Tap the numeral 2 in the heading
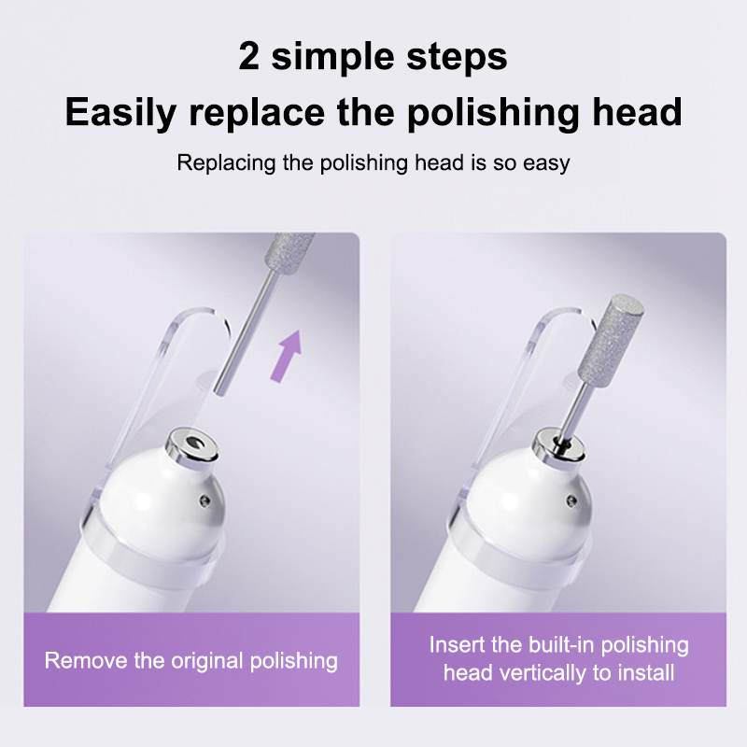click(x=249, y=57)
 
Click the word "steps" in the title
click(x=457, y=58)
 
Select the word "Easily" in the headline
click(x=120, y=113)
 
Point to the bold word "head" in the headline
click(x=637, y=111)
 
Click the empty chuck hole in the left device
click(x=194, y=443)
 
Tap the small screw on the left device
click(x=205, y=500)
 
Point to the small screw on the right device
click(x=571, y=500)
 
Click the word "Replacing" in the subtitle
click(x=226, y=163)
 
